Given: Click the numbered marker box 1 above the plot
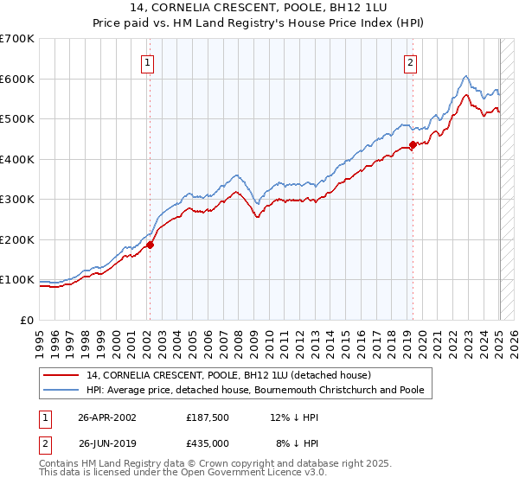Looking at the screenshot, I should (149, 62).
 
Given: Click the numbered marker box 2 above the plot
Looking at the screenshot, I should (409, 62).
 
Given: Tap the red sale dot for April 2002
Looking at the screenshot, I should (150, 245).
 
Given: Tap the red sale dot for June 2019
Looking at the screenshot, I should (413, 145).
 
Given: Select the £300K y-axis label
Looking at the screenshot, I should (17, 200).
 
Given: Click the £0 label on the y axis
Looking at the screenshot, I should (28, 320).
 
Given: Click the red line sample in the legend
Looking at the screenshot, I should (61, 375).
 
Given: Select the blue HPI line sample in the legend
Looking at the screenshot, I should (61, 390).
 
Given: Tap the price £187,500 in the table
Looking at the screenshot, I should (208, 417).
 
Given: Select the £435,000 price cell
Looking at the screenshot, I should (208, 442).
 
